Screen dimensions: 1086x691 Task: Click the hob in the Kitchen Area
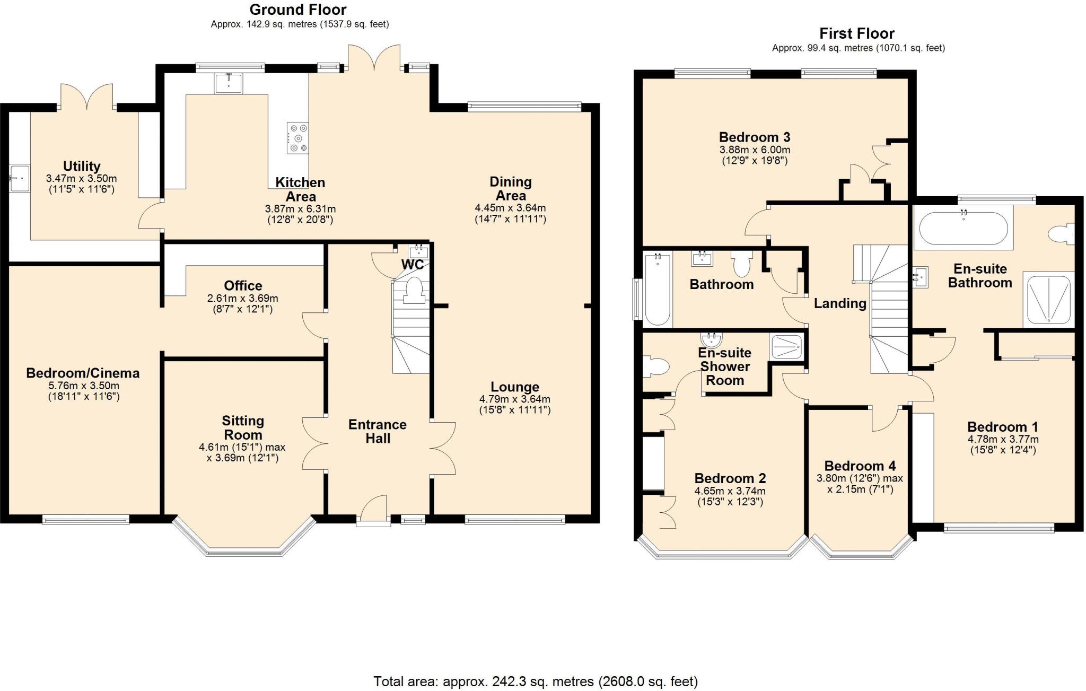[297, 138]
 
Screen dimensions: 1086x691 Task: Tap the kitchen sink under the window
[229, 84]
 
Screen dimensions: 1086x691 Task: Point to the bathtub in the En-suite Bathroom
[963, 228]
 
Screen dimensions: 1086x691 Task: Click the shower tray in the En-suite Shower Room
[787, 347]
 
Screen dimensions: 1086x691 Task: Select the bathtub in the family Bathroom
[657, 289]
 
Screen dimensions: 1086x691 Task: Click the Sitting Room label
[243, 427]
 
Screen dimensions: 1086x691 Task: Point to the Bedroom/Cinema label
[83, 373]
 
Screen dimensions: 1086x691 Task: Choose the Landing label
[840, 303]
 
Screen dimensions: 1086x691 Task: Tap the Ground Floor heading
[298, 10]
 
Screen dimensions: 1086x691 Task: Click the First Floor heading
[857, 33]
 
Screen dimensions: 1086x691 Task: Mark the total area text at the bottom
[536, 681]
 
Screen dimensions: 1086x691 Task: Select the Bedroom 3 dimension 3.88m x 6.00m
[755, 150]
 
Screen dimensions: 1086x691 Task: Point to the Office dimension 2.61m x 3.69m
[242, 299]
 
